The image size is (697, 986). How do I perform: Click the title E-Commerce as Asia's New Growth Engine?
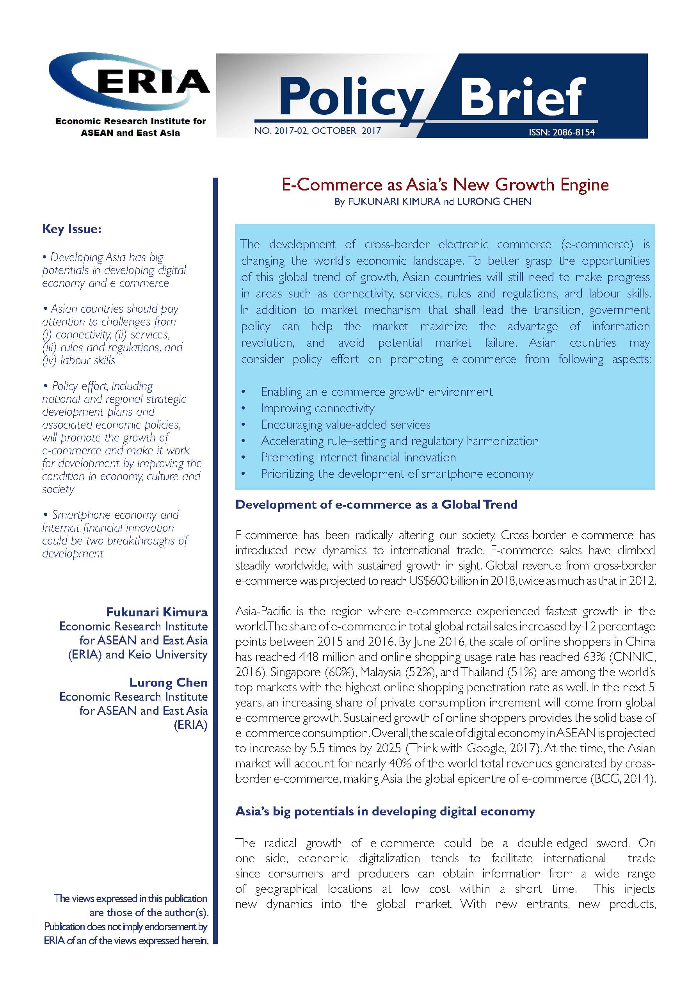(445, 185)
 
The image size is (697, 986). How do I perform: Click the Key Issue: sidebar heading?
(72, 229)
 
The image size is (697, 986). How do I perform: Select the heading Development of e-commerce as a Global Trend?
(376, 504)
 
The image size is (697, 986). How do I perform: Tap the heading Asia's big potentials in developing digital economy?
(385, 811)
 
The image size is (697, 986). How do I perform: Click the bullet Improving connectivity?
(317, 408)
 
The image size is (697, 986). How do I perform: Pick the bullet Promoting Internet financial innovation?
(358, 457)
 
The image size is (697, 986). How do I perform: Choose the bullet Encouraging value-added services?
(346, 424)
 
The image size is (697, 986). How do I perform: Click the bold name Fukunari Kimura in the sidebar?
(157, 612)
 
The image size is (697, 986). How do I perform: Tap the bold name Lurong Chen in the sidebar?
(168, 682)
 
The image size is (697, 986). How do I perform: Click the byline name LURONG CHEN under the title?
(494, 201)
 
